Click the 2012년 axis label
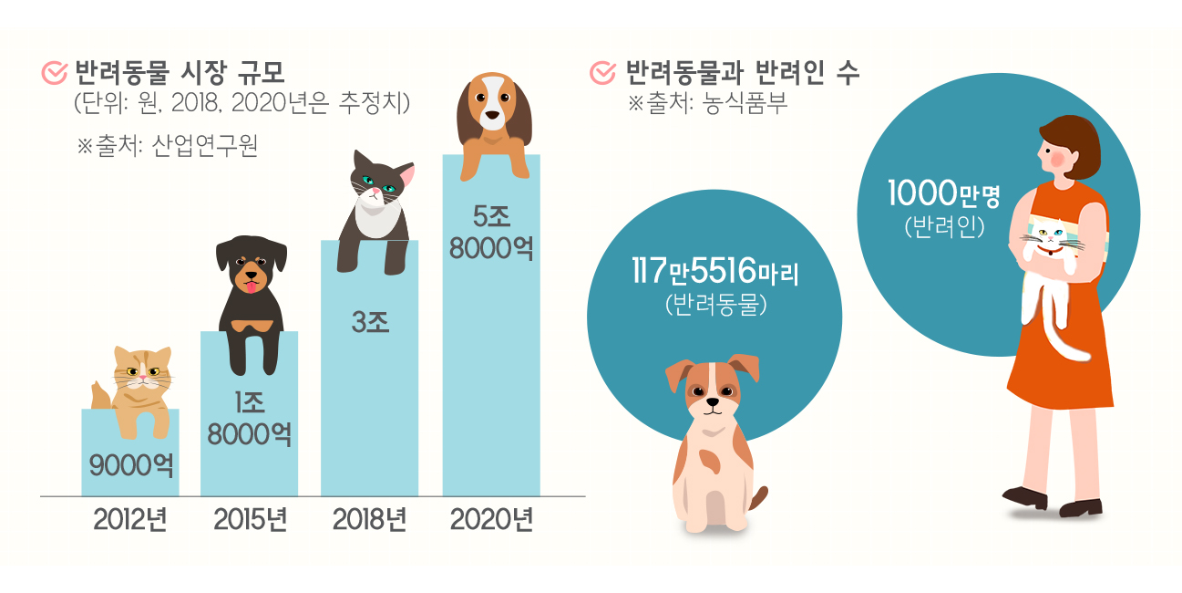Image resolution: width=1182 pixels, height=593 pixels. (x=130, y=521)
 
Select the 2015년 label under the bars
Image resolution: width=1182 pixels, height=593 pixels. (x=251, y=521)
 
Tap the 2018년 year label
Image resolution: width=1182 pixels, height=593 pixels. (x=369, y=521)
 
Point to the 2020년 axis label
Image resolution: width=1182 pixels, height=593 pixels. (x=491, y=521)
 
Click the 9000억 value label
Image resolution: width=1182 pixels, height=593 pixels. (x=131, y=465)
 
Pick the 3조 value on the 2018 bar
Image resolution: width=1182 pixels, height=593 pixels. (x=369, y=322)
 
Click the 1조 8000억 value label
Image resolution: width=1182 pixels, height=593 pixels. (x=249, y=418)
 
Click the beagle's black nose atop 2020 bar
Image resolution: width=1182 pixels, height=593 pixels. (x=492, y=116)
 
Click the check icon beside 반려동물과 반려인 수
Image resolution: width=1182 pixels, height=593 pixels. (x=602, y=73)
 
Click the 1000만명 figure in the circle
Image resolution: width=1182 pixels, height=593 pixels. (x=944, y=194)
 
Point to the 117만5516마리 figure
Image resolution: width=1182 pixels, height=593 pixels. (x=714, y=271)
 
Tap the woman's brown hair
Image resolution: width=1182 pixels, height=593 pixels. (x=1075, y=141)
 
